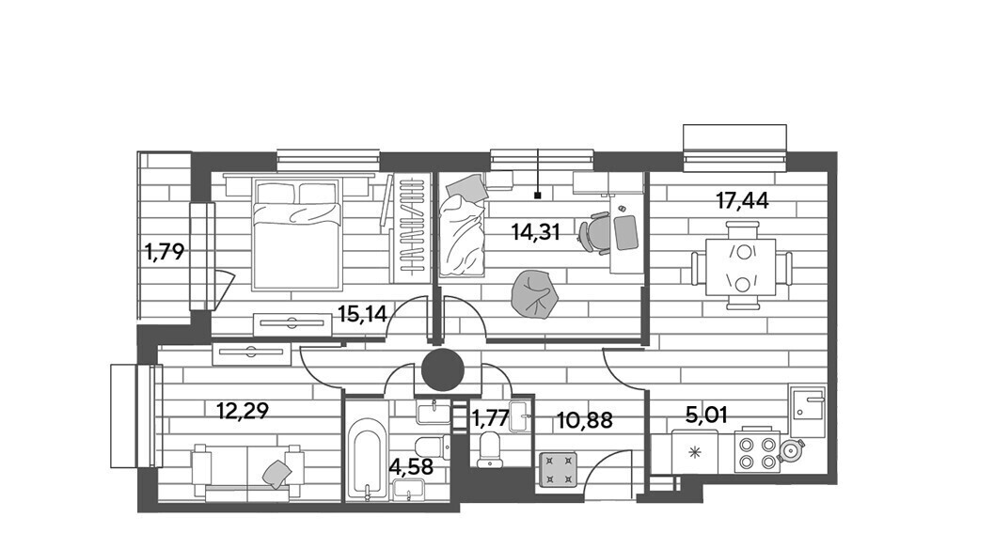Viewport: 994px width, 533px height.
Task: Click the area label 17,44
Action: [x=742, y=201]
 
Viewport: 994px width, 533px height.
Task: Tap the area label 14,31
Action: [x=536, y=232]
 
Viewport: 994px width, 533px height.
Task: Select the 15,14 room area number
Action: [x=362, y=313]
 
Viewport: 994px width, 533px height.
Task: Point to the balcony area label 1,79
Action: [x=165, y=252]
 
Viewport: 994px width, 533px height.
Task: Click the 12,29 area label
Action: [x=243, y=412]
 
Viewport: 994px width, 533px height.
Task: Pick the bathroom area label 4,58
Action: [x=411, y=467]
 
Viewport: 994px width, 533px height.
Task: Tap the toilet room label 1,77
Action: [x=490, y=418]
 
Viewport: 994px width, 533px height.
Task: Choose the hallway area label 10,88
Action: [x=585, y=419]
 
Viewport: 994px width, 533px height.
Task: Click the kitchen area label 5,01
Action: [x=706, y=415]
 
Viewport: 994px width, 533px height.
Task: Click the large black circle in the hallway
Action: [x=444, y=369]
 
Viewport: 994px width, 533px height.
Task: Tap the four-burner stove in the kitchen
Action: [x=757, y=451]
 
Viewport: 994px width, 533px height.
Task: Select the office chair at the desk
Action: [x=595, y=232]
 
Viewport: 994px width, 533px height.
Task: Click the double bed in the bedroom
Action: [x=296, y=234]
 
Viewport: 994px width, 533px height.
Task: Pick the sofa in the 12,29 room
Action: [x=248, y=470]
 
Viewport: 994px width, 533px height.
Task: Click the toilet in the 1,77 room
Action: [x=490, y=449]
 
